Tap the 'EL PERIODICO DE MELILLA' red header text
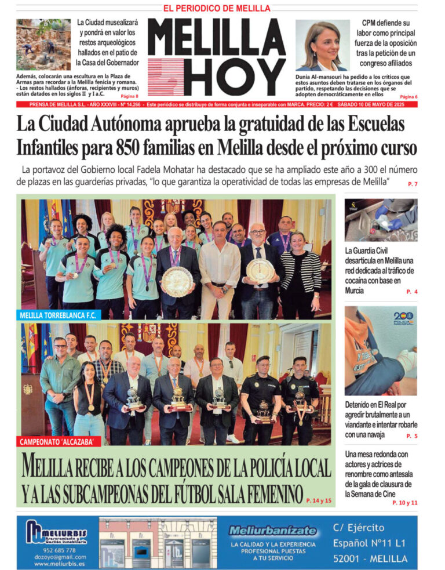click(217, 8)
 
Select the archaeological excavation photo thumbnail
click(43, 45)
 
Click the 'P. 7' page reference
click(413, 184)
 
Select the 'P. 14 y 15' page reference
click(319, 499)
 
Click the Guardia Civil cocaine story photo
click(381, 220)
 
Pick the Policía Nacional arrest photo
click(381, 350)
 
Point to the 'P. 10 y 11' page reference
click(404, 503)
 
